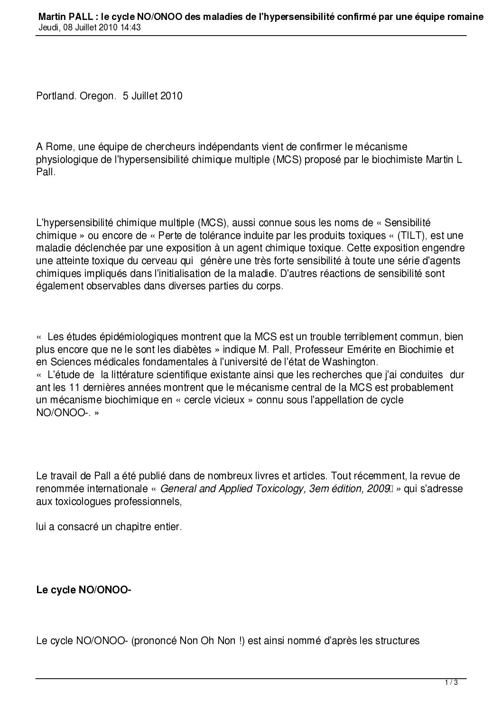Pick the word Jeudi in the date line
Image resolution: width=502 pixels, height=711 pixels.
[47, 28]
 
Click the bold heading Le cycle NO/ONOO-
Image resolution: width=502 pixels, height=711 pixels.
[84, 590]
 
